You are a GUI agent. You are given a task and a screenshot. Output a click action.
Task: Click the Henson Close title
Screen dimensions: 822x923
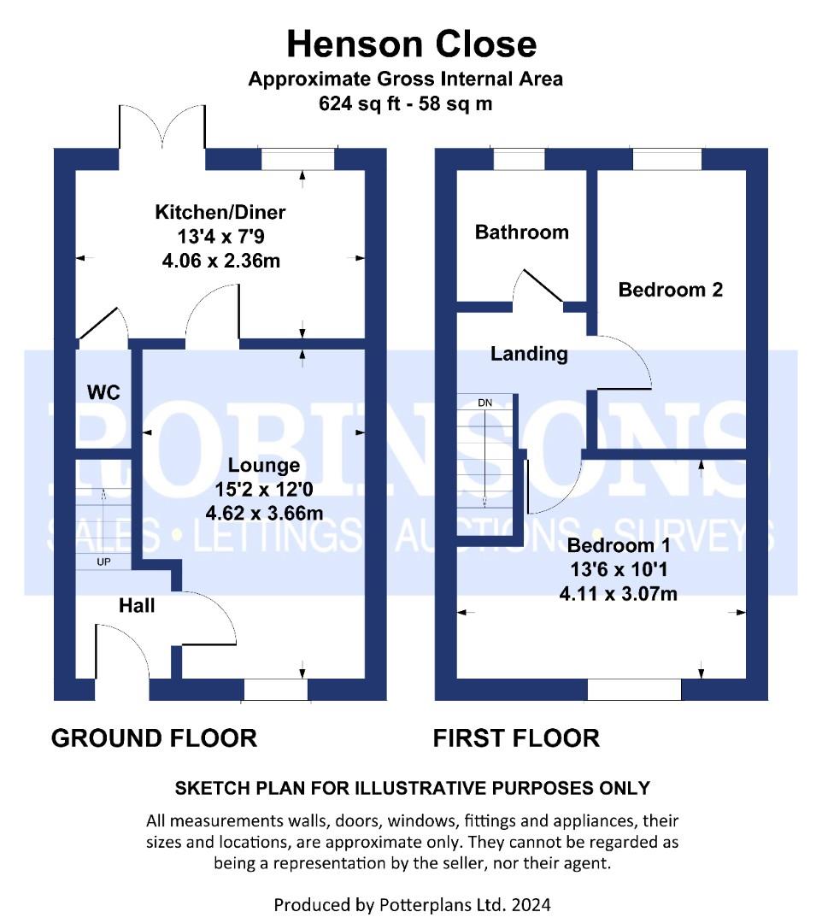coord(411,44)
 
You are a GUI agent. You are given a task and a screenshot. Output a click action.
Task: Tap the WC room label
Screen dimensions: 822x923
coord(103,392)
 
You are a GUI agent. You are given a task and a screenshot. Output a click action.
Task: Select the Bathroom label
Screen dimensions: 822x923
coord(522,232)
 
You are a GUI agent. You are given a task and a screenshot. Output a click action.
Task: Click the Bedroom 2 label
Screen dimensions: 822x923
coord(670,290)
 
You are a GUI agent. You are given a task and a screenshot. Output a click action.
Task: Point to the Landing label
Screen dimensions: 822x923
coord(529,354)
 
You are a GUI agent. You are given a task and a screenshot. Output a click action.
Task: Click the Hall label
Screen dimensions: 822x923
coord(137,605)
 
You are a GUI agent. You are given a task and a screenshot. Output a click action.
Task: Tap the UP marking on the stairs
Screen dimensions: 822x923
coord(103,562)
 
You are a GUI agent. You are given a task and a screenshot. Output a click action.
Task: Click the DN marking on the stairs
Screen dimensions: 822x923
coord(484,403)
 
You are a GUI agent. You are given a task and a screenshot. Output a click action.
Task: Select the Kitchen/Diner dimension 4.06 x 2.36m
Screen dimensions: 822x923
coord(220,260)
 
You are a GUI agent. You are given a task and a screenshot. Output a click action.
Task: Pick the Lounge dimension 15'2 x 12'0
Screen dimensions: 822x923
coord(264,489)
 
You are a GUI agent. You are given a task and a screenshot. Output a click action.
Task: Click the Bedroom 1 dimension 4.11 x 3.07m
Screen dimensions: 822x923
coord(618,593)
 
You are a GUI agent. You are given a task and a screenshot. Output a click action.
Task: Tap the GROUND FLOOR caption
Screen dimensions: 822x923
coord(154,738)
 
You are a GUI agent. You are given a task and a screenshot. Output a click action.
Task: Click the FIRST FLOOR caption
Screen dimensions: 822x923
coord(516,738)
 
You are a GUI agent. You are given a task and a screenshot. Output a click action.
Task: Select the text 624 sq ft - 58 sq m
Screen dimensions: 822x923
coord(405,103)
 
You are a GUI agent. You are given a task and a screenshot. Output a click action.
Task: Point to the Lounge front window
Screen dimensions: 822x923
coord(276,690)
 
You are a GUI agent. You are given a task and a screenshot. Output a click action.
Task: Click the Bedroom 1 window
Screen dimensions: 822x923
coord(634,690)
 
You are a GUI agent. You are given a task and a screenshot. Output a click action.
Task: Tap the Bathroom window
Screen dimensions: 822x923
coord(519,159)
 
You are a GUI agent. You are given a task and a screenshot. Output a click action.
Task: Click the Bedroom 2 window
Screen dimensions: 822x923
coord(667,159)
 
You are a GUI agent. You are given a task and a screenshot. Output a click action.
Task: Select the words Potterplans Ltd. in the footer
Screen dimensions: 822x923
coord(443,904)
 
